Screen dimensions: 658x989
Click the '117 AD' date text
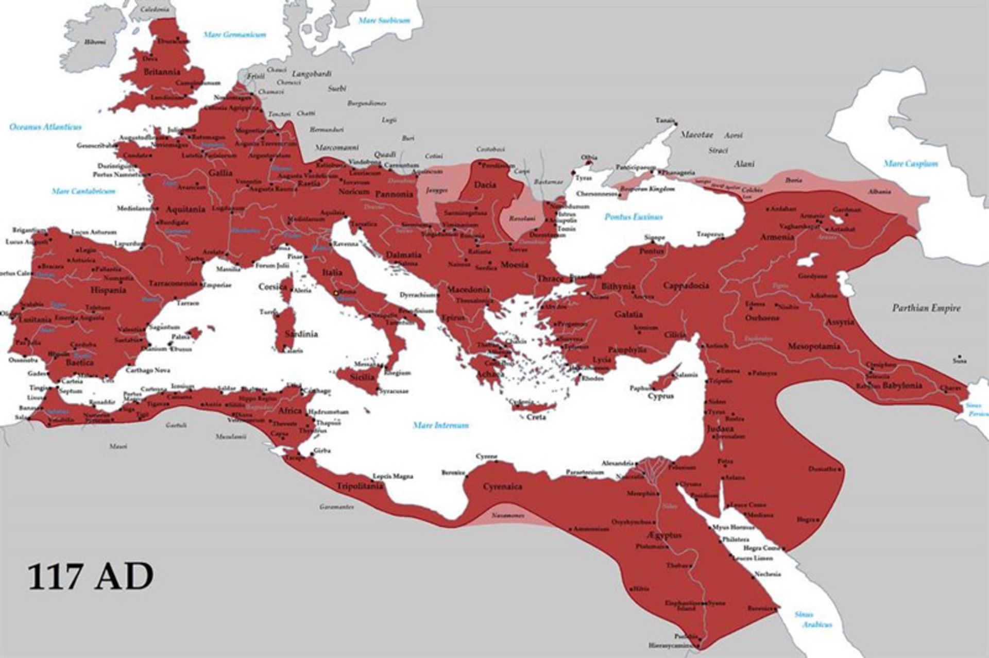[x=90, y=577]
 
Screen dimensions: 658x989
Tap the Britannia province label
[x=162, y=72]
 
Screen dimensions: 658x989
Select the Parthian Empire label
[x=926, y=308]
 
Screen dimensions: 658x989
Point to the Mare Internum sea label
[x=441, y=425]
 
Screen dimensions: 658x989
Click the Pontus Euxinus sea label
[x=634, y=217]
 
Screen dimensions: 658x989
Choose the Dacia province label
[x=485, y=184]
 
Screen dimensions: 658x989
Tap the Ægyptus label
[x=665, y=535]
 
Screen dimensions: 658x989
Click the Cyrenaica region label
[x=502, y=486]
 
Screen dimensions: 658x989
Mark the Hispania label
[x=108, y=290]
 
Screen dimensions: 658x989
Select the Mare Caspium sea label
[x=911, y=164]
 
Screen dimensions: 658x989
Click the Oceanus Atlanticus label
[x=45, y=127]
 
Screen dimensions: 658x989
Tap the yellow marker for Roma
[x=336, y=293]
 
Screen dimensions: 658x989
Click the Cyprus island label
[x=660, y=396]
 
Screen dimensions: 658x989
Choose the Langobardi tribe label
[x=312, y=74]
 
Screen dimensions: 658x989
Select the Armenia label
[x=777, y=237]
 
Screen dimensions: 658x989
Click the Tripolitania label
[x=360, y=486]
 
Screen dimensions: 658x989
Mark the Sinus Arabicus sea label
[x=813, y=619]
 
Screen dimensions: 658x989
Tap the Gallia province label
[x=220, y=173]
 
